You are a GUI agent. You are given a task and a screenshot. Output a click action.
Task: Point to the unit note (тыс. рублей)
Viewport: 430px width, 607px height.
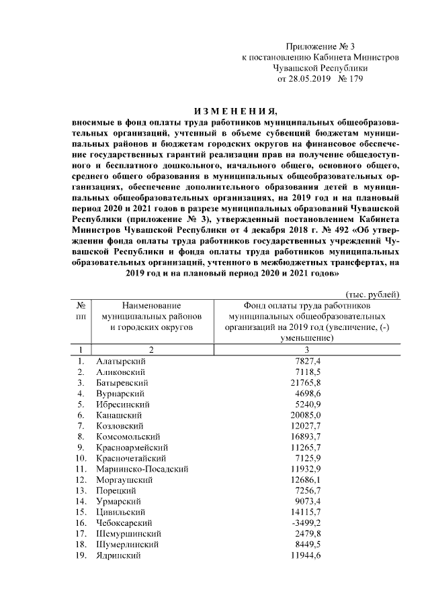[373, 293]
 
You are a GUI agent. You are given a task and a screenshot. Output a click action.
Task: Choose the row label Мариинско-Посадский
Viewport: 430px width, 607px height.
[142, 468]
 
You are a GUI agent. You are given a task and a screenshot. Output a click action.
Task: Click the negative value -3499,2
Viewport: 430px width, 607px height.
[306, 522]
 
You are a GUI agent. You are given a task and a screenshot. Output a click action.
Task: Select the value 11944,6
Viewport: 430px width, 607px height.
[305, 555]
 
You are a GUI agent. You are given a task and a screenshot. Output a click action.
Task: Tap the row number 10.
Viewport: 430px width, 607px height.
[81, 457]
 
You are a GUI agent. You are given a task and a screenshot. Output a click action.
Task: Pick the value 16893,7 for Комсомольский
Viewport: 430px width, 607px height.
[305, 436]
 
